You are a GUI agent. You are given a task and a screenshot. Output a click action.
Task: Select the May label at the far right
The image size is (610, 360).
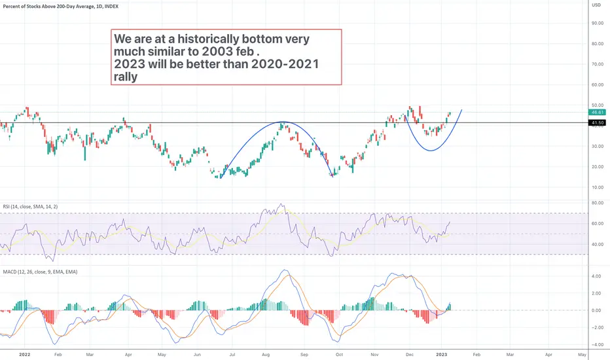(x=582, y=354)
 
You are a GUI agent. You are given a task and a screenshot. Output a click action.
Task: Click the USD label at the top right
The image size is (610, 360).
(x=596, y=5)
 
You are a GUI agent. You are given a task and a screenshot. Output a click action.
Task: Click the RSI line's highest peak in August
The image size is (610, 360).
(x=281, y=205)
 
